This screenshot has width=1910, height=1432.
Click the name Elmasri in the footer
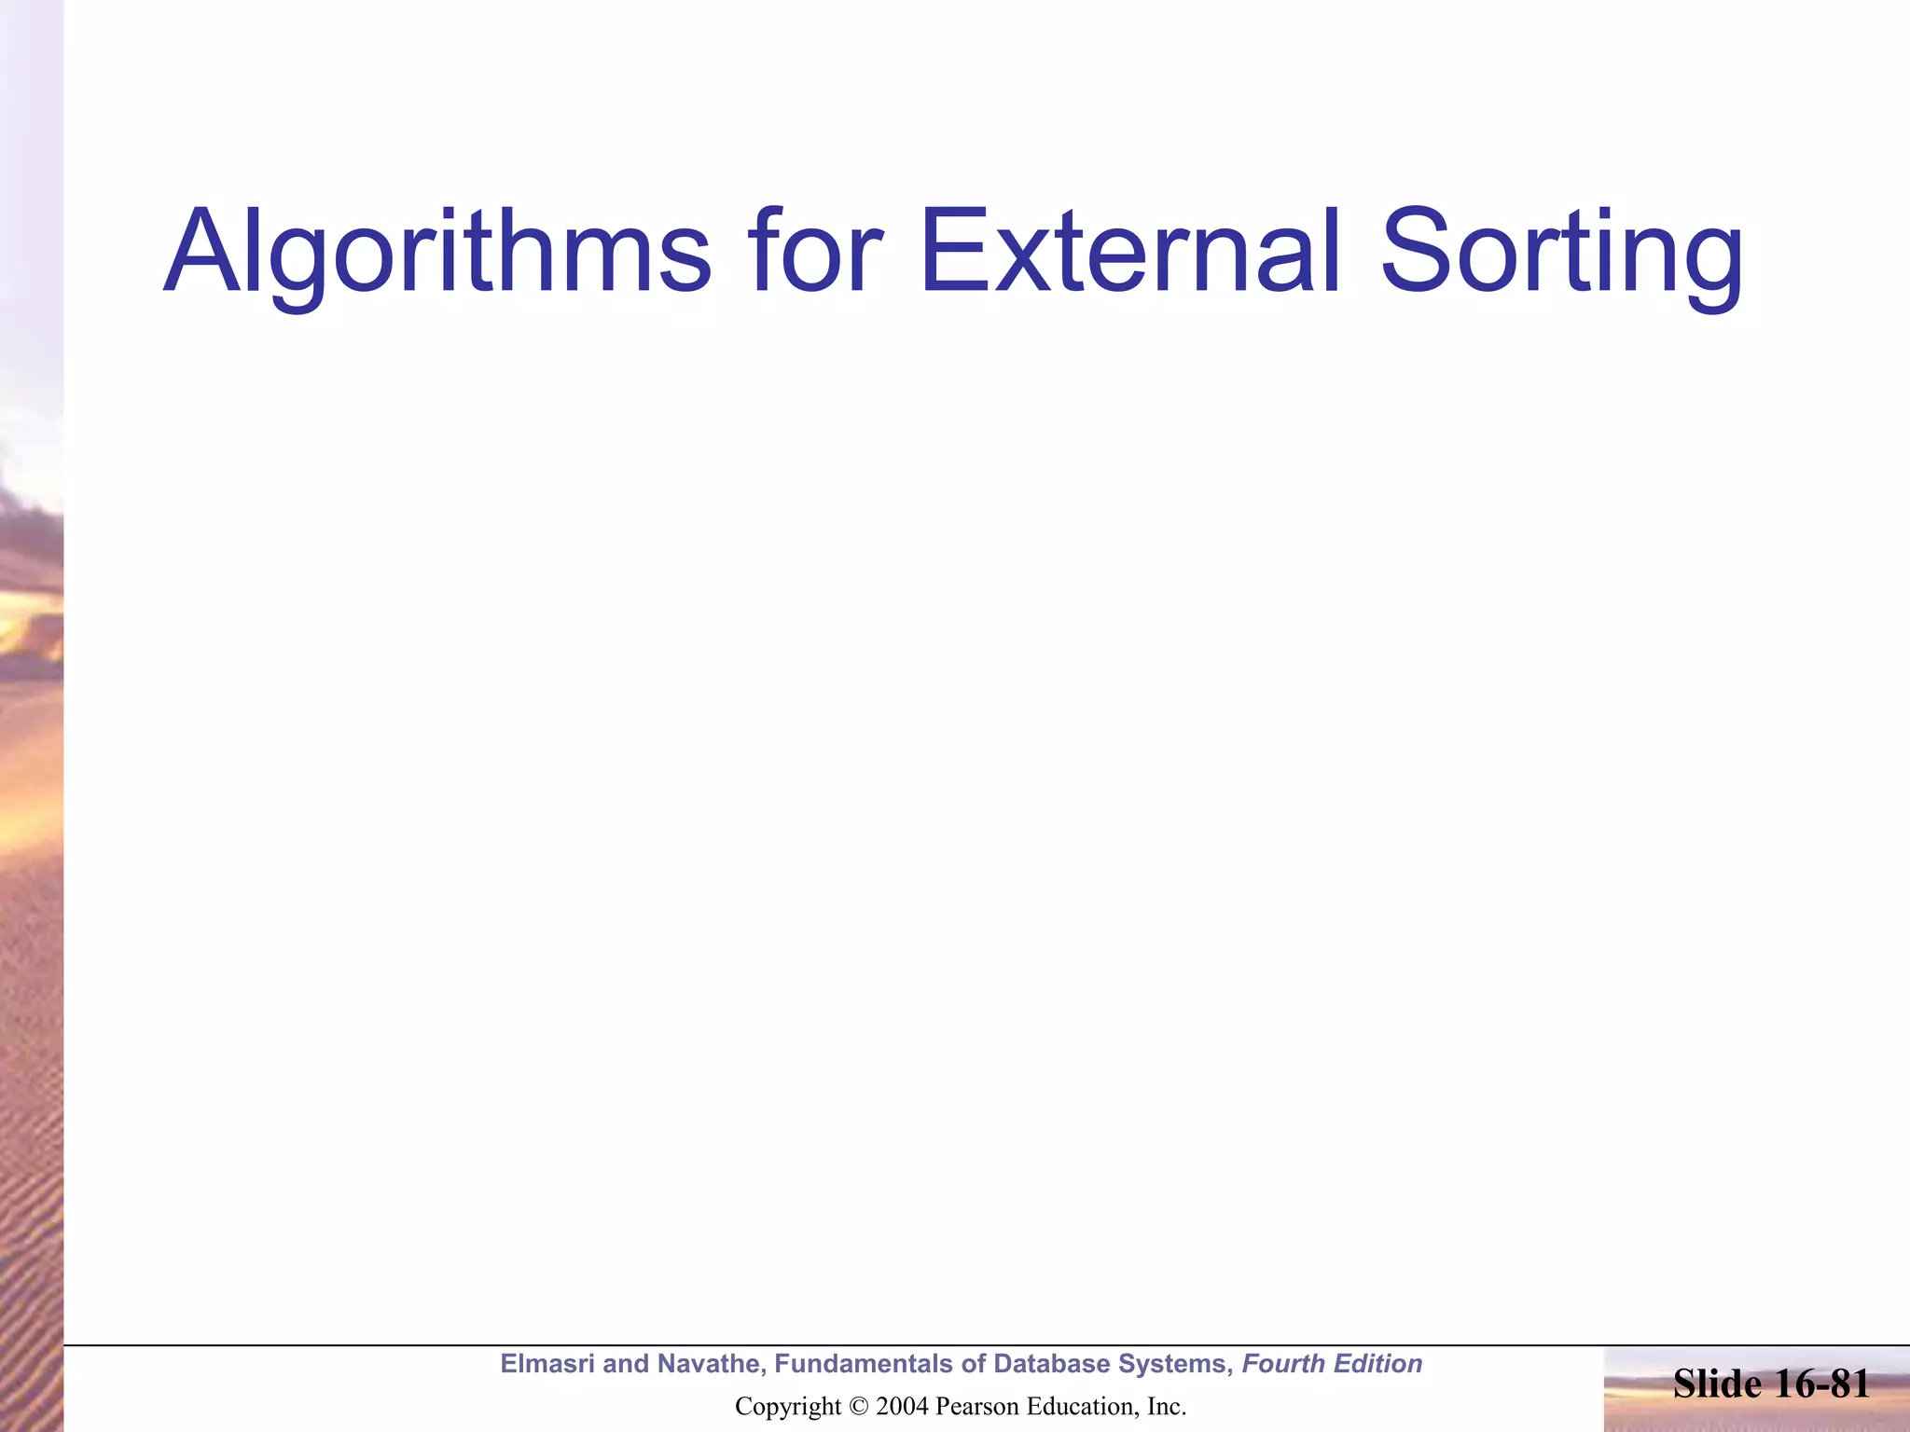547,1364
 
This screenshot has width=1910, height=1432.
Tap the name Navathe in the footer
710,1364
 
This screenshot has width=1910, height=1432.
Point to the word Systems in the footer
1176,1364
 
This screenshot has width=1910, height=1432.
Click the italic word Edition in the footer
1379,1364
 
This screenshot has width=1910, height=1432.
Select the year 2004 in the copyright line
902,1407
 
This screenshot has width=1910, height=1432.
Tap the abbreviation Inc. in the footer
1166,1407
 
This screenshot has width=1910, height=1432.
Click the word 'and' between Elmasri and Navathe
626,1364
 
